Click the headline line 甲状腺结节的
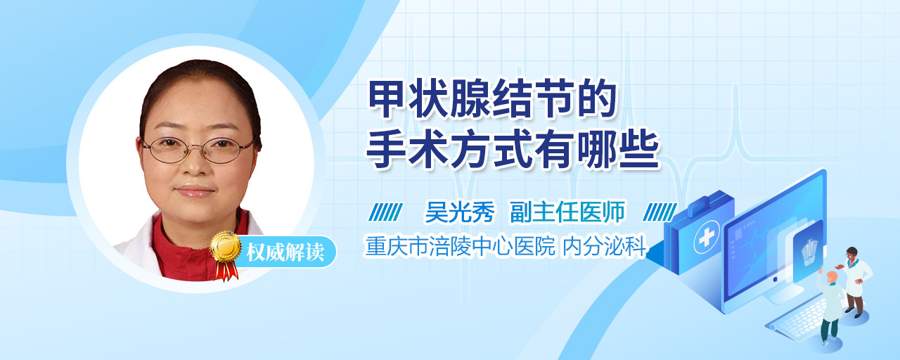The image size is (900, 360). [492, 98]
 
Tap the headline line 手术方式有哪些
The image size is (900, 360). [513, 150]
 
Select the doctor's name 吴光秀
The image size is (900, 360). [460, 212]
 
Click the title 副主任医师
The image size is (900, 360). [567, 212]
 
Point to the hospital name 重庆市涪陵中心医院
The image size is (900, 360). [460, 246]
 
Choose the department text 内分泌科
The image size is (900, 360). [604, 246]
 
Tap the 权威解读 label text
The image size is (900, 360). [285, 252]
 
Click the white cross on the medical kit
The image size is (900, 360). [706, 238]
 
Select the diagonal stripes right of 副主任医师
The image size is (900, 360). [659, 212]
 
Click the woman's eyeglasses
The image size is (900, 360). [197, 150]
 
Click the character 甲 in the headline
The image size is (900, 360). [387, 98]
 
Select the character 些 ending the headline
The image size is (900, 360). [640, 150]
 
